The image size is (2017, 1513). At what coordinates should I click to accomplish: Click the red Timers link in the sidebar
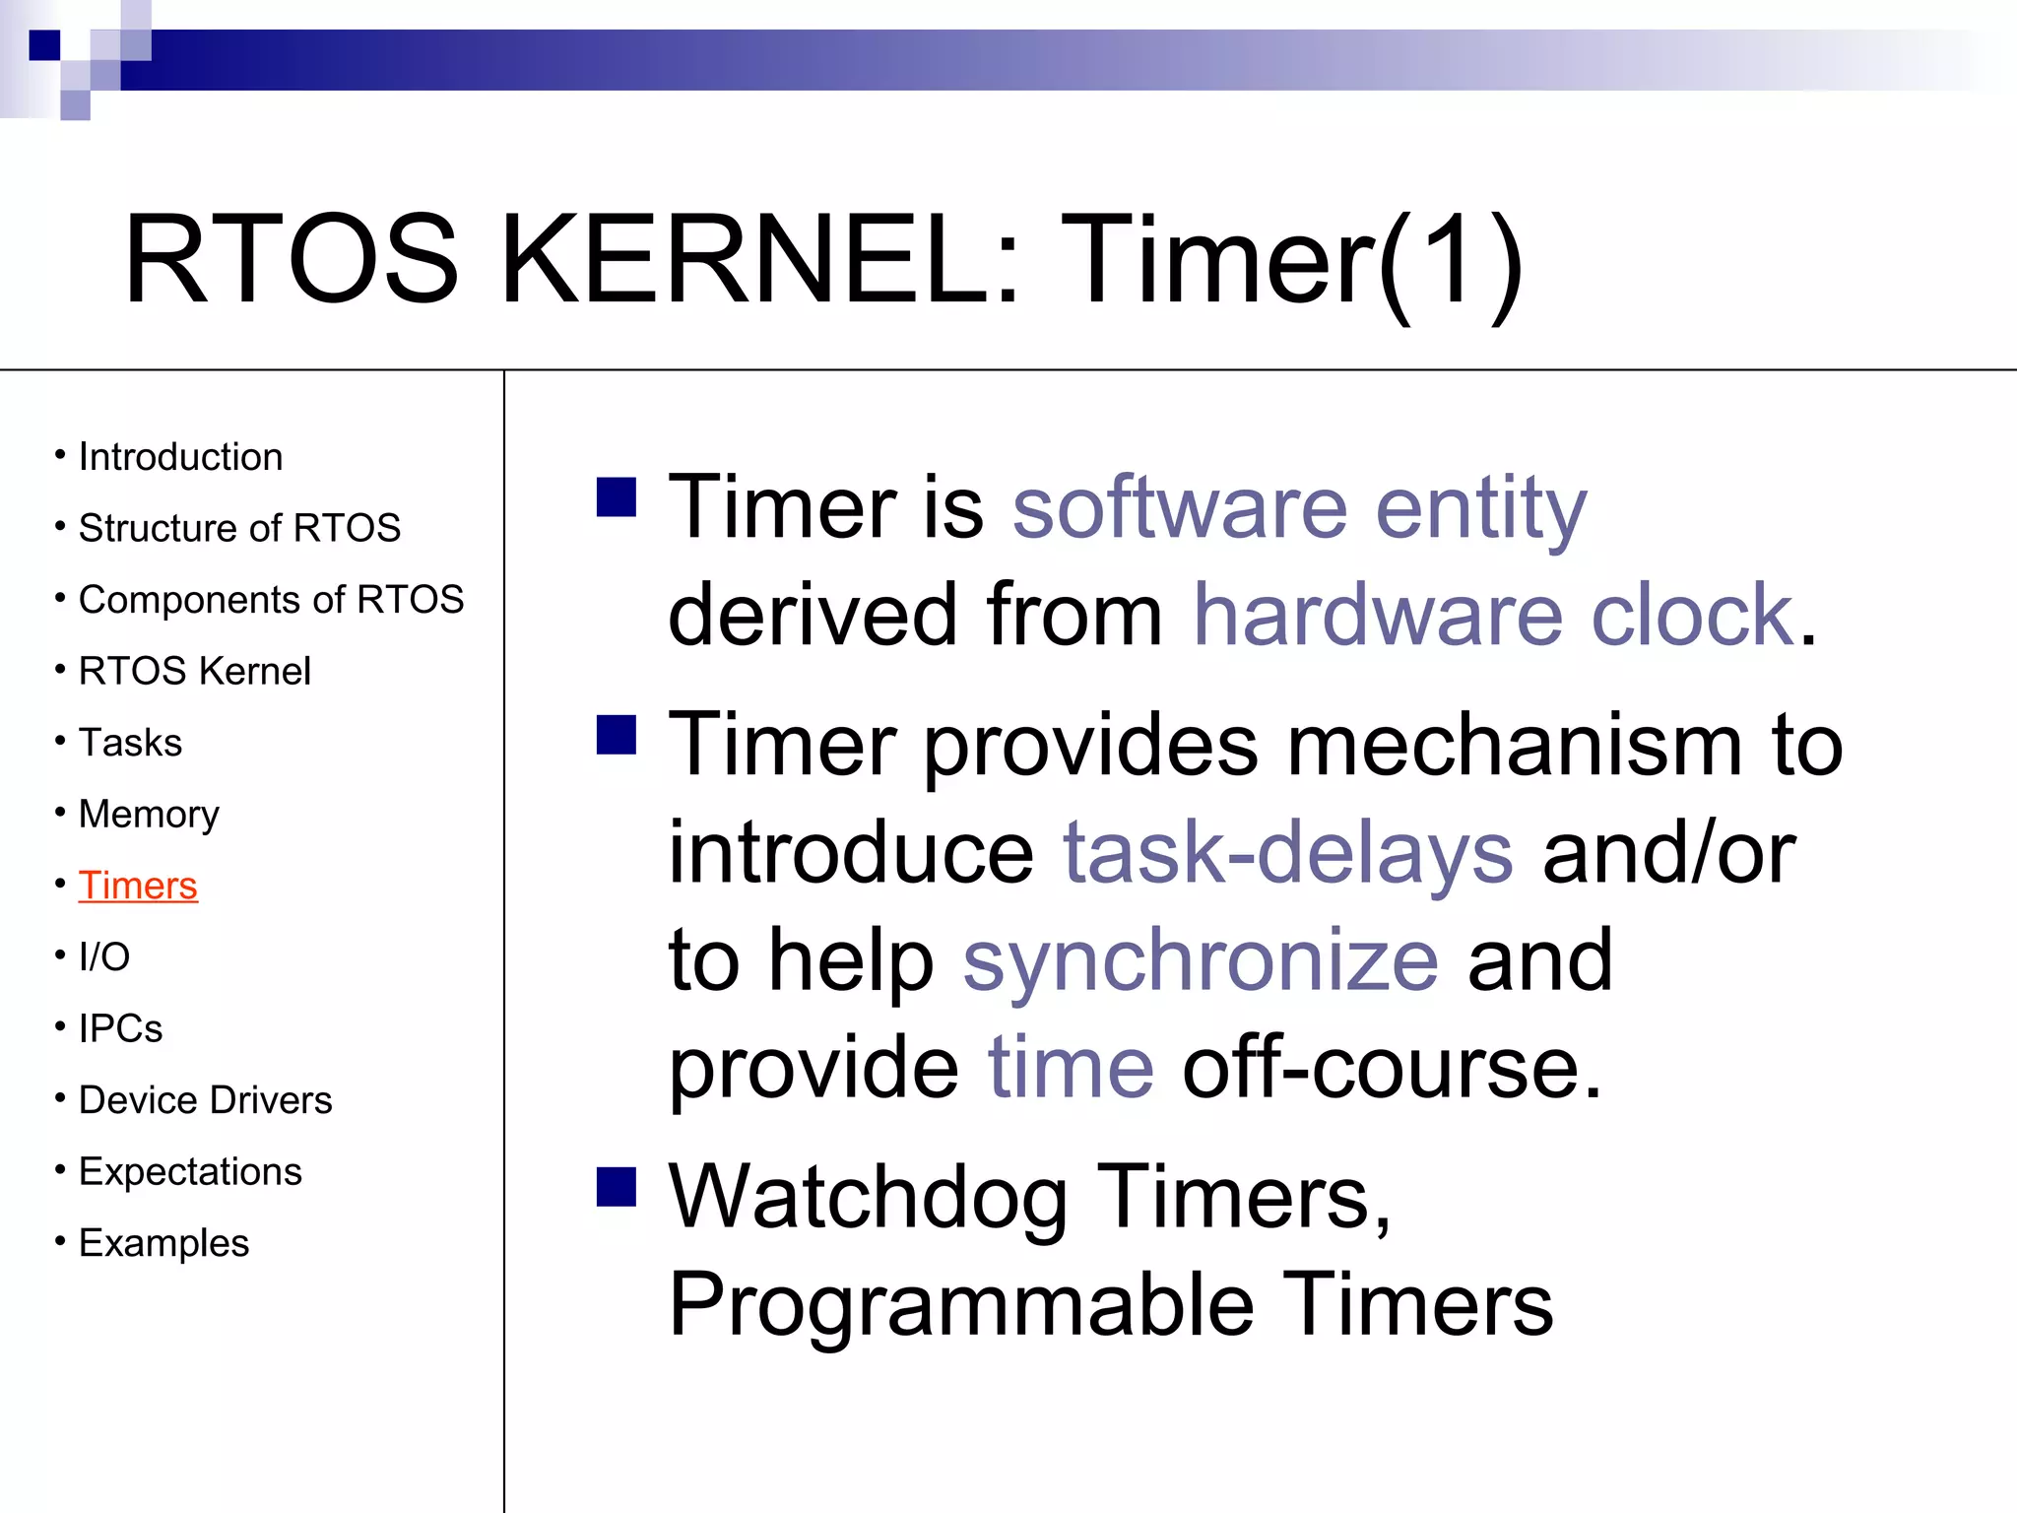click(138, 886)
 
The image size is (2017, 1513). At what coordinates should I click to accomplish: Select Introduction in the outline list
click(180, 457)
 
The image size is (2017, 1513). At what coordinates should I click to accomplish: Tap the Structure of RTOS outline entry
click(239, 528)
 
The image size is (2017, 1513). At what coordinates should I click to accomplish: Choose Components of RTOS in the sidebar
click(271, 600)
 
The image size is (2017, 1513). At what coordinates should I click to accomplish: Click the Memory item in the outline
click(149, 815)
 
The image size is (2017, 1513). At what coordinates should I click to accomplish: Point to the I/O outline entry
click(104, 956)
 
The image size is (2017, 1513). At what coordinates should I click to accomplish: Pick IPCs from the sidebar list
click(120, 1028)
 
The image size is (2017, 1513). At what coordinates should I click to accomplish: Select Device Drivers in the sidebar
click(205, 1100)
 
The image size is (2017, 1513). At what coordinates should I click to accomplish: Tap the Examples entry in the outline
click(163, 1243)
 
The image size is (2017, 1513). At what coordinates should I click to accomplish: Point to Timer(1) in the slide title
click(1290, 261)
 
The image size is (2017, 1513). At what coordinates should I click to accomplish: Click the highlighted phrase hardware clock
click(1493, 615)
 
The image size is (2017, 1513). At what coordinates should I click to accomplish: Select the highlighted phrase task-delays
click(1287, 852)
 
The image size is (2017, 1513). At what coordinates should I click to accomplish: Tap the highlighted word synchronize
click(1200, 960)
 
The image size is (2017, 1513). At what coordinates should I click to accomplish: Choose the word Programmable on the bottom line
click(961, 1305)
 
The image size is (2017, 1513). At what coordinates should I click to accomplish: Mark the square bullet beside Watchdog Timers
click(617, 1186)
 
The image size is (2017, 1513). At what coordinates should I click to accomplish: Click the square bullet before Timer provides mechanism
click(617, 734)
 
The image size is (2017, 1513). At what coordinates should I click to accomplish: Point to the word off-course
click(1392, 1068)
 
